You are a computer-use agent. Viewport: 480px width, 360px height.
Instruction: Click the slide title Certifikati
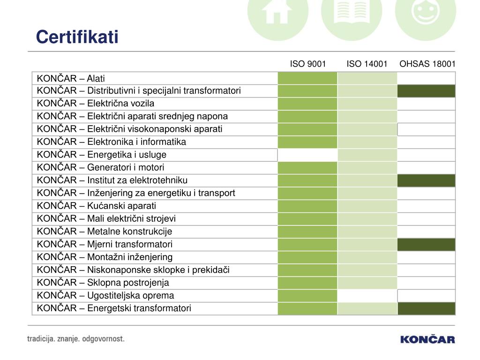point(77,37)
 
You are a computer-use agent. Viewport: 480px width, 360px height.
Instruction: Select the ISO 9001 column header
point(307,64)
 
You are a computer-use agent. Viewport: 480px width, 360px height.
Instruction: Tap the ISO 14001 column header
point(367,64)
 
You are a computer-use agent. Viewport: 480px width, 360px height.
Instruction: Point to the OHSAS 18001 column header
point(427,64)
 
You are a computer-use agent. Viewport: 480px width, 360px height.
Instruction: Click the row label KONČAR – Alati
point(74,78)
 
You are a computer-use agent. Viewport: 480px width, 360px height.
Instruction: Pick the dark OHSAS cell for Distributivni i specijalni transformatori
point(426,91)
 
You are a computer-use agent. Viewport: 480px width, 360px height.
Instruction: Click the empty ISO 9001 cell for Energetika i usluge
point(307,155)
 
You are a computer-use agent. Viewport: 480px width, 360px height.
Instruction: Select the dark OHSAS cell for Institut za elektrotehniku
point(426,180)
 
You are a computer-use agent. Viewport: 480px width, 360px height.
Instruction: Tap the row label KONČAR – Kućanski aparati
point(97,206)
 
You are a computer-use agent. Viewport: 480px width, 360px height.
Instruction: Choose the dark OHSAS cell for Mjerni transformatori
point(426,244)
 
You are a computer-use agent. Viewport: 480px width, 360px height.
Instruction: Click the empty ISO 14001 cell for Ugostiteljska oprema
point(367,296)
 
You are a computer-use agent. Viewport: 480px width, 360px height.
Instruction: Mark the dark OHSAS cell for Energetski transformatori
point(426,308)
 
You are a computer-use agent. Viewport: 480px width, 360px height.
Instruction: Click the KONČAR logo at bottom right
point(427,339)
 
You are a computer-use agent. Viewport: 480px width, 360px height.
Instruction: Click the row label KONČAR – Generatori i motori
point(101,167)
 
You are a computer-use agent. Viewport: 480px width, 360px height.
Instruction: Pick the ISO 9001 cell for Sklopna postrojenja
point(307,283)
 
